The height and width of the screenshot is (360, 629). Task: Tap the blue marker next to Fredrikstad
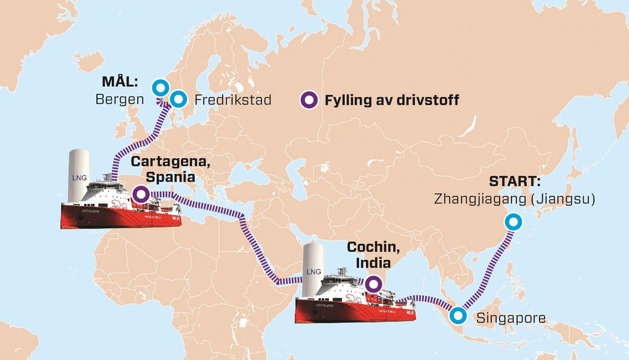[x=179, y=99]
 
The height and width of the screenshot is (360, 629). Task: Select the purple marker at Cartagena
[x=140, y=194]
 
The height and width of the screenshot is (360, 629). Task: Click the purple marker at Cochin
[x=373, y=284]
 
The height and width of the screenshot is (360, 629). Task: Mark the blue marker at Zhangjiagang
[x=514, y=222]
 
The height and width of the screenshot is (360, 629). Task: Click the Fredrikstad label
[x=233, y=99]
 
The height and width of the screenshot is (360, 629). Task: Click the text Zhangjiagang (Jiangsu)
[x=514, y=199]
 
